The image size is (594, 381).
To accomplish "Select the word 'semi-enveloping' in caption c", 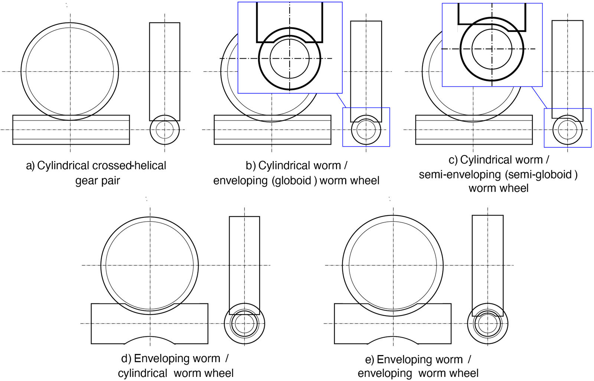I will tap(459, 174).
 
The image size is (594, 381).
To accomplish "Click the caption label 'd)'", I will tap(126, 359).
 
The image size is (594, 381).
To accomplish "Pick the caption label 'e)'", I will tap(369, 360).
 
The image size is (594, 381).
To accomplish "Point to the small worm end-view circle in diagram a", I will tap(164, 129).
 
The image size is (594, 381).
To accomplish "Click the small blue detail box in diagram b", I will tap(366, 127).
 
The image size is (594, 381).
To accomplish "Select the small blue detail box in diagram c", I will tap(567, 128).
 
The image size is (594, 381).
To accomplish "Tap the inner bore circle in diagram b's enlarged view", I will tap(290, 58).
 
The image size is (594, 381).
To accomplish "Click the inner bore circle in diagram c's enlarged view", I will tap(492, 49).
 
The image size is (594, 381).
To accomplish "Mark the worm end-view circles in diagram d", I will tap(244, 323).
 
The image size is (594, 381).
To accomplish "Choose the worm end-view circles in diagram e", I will tap(487, 323).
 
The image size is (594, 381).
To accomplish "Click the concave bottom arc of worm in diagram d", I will tap(150, 337).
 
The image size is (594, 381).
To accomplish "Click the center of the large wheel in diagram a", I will tap(70, 71).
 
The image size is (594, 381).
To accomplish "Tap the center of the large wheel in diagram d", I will tap(150, 265).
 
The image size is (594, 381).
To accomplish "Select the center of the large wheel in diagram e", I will tap(393, 265).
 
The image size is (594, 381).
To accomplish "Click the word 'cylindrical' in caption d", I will tap(143, 373).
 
